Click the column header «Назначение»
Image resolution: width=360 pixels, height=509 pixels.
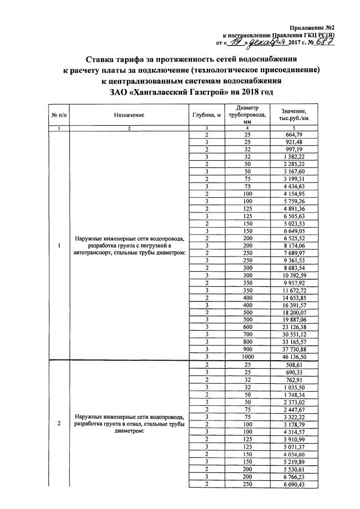click(x=128, y=115)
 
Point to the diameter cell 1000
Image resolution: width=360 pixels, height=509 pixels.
click(x=247, y=356)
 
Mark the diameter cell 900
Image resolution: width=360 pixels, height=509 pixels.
click(x=247, y=349)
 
